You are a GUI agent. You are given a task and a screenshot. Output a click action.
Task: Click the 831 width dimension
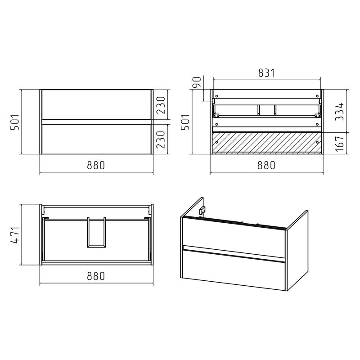click(x=266, y=73)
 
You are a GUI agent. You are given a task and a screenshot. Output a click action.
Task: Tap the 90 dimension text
click(x=197, y=82)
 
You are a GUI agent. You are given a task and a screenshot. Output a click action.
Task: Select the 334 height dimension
click(x=339, y=112)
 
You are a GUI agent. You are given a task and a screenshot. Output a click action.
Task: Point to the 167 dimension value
click(x=339, y=144)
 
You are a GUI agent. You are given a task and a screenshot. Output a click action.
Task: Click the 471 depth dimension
click(x=15, y=234)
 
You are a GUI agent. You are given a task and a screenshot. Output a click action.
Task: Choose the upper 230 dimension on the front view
click(x=161, y=105)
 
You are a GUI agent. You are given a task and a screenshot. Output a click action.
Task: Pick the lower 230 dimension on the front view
click(x=161, y=139)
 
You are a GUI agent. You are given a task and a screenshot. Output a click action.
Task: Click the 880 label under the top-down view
click(x=96, y=276)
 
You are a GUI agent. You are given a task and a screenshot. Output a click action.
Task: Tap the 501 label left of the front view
click(x=15, y=122)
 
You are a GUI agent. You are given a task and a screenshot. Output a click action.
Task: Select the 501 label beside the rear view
click(x=185, y=122)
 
